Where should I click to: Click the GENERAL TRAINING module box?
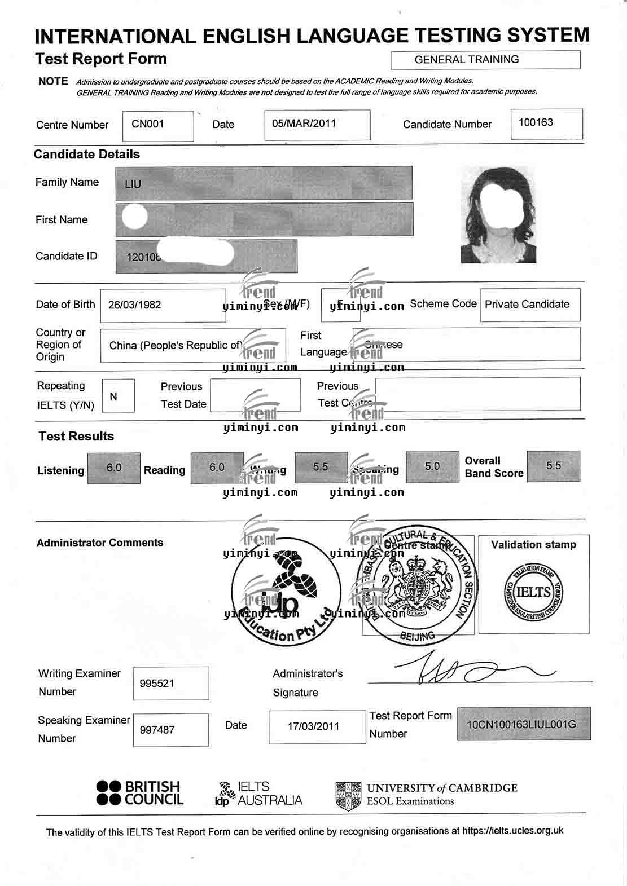click(x=485, y=60)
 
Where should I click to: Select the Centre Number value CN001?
click(x=147, y=124)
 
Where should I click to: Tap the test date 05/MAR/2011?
click(x=304, y=123)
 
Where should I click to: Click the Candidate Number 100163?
click(x=536, y=122)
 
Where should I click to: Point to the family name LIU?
click(x=133, y=184)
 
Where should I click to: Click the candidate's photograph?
click(x=498, y=215)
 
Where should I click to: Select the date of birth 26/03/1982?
click(x=134, y=305)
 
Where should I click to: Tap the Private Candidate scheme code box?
click(x=527, y=305)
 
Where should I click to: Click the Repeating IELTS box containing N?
click(x=113, y=396)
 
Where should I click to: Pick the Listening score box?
click(x=114, y=468)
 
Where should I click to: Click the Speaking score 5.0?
click(x=432, y=466)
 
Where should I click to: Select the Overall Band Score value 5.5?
click(x=554, y=466)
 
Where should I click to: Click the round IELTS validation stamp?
click(x=533, y=592)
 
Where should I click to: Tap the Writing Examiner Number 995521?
click(x=157, y=684)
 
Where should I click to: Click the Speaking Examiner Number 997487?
click(x=157, y=730)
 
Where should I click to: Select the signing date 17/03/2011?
click(x=313, y=726)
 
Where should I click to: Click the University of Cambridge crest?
click(x=348, y=795)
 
